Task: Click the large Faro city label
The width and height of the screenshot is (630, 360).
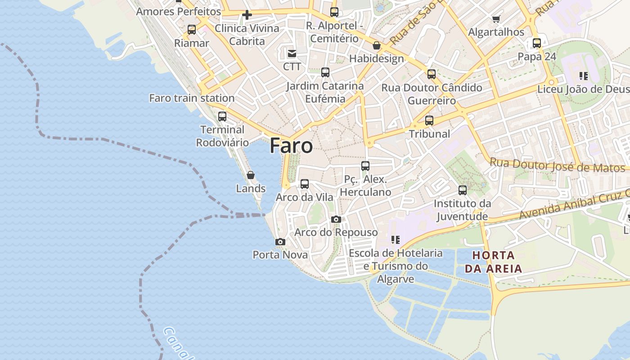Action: (x=291, y=146)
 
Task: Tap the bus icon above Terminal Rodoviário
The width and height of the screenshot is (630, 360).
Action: (x=222, y=117)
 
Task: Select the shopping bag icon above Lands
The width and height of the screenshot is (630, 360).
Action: (x=251, y=175)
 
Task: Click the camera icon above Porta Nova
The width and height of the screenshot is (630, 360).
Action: (x=280, y=242)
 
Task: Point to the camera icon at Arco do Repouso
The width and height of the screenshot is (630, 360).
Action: (x=336, y=219)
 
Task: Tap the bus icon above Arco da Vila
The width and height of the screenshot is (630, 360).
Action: (x=305, y=184)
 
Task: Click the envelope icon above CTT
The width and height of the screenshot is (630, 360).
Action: (x=292, y=54)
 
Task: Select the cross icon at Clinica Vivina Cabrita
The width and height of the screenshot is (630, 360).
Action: (x=247, y=15)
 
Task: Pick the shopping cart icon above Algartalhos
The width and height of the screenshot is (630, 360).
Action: (x=496, y=19)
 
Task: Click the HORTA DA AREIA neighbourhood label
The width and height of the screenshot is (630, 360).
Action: (x=493, y=262)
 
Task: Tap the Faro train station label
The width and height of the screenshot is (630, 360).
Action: (x=192, y=98)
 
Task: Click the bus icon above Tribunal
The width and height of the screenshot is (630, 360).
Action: (x=429, y=121)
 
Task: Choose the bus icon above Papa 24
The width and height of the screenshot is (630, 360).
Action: (x=537, y=43)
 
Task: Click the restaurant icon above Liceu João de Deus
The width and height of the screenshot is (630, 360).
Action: (x=584, y=76)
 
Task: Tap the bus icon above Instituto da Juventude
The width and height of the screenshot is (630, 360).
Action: (x=463, y=190)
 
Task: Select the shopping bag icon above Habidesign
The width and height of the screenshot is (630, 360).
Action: (x=377, y=45)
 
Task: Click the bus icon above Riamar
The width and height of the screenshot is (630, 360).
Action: (x=192, y=30)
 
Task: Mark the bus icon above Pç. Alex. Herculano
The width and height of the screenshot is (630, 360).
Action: (x=365, y=166)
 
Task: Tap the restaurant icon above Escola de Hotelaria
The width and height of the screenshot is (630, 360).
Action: (x=396, y=240)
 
